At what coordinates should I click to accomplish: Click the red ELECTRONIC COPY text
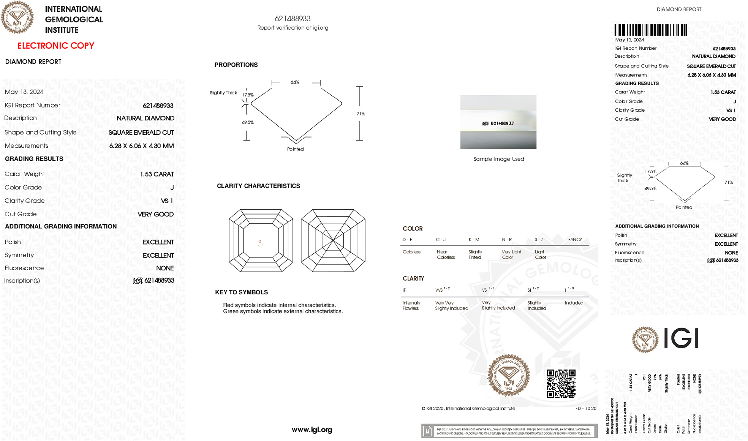click(x=56, y=46)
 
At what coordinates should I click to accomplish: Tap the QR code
click(x=561, y=383)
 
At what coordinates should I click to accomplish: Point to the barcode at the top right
click(x=650, y=30)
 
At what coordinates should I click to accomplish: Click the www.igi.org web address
click(x=312, y=430)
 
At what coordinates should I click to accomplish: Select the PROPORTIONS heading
click(x=236, y=65)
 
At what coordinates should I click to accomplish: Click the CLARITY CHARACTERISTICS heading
click(x=258, y=186)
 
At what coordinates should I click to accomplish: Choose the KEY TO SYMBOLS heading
click(x=241, y=292)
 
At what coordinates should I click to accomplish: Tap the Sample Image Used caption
click(x=498, y=159)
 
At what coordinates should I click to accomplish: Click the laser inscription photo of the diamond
click(x=498, y=122)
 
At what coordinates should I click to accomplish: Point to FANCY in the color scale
click(x=575, y=240)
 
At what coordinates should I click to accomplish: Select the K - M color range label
click(x=474, y=240)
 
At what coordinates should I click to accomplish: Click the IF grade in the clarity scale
click(x=404, y=291)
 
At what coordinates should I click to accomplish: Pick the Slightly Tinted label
click(x=475, y=254)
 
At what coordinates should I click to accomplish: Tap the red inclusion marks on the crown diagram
click(x=260, y=243)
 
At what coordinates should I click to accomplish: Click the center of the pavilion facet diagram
click(x=333, y=240)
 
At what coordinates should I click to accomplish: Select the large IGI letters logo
click(x=682, y=338)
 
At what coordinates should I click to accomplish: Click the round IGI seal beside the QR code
click(x=509, y=375)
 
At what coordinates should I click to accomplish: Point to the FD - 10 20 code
click(x=585, y=409)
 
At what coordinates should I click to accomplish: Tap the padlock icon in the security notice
click(x=427, y=431)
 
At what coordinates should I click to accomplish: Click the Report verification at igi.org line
click(x=293, y=28)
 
